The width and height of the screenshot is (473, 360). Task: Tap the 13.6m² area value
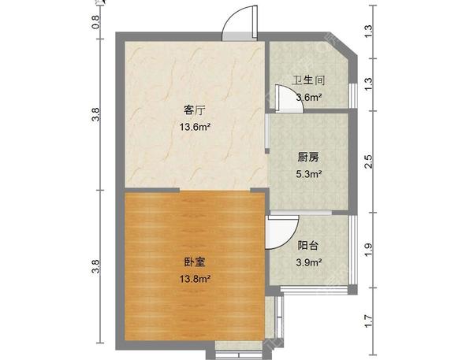coord(195,127)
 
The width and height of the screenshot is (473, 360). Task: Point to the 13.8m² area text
coord(195,279)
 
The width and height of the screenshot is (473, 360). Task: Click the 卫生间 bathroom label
coord(308,80)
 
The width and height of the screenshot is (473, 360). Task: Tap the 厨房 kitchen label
coord(308,157)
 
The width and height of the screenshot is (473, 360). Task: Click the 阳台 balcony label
coord(308,246)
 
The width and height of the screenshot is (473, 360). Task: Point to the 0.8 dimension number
coord(95,22)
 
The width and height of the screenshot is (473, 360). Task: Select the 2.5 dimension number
coord(369,161)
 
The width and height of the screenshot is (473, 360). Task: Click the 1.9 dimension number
coord(369,250)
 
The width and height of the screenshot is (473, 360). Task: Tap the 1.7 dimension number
coord(368,321)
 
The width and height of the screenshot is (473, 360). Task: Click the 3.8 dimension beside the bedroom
coord(95,266)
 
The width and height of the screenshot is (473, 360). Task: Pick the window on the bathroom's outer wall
coord(353,95)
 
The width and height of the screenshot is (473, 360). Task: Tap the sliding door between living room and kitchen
coord(267,133)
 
